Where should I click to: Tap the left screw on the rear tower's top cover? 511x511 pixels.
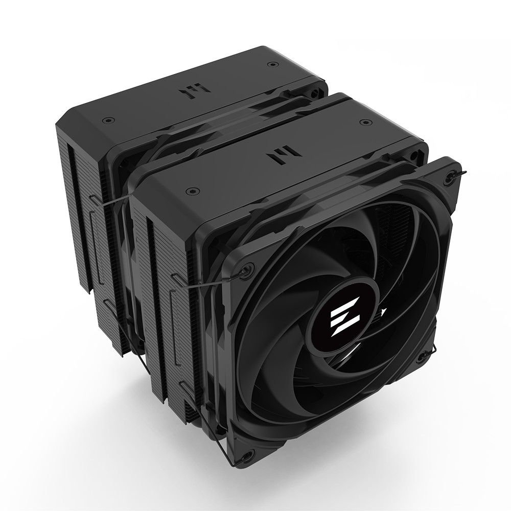click(106, 121)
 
